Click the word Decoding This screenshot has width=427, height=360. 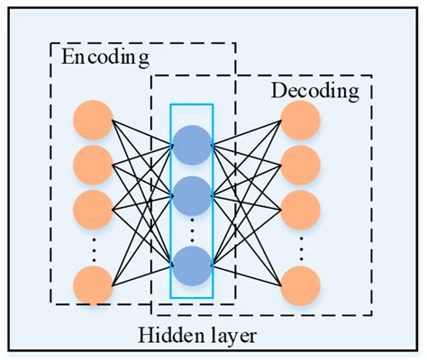pyautogui.click(x=315, y=91)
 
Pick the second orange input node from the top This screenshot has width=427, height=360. pyautogui.click(x=93, y=165)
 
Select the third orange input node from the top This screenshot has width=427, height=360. pyautogui.click(x=93, y=206)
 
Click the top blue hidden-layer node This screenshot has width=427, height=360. pyautogui.click(x=192, y=145)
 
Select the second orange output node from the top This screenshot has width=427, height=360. pyautogui.click(x=300, y=165)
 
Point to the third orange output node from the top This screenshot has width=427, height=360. pyautogui.click(x=300, y=206)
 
